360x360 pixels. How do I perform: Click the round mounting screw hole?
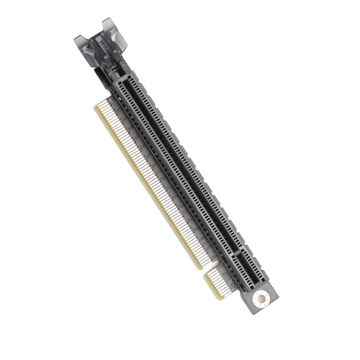click(261, 299)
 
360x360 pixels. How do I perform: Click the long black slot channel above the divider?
click(176, 158)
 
